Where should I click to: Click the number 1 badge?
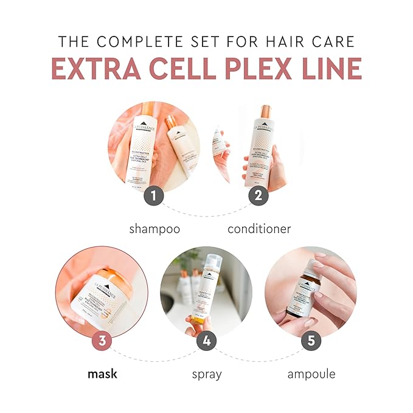[x=154, y=196]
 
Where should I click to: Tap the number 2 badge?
[x=258, y=196]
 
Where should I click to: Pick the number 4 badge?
[x=206, y=341]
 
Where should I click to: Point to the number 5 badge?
[x=311, y=341]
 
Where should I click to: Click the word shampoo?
[x=154, y=229]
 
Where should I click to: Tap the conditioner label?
[x=259, y=229]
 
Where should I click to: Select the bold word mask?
[x=102, y=373]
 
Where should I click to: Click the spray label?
[x=207, y=374]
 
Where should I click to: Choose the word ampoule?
[x=311, y=374]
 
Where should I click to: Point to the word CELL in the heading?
[x=182, y=70]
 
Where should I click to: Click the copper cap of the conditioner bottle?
[x=265, y=113]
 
